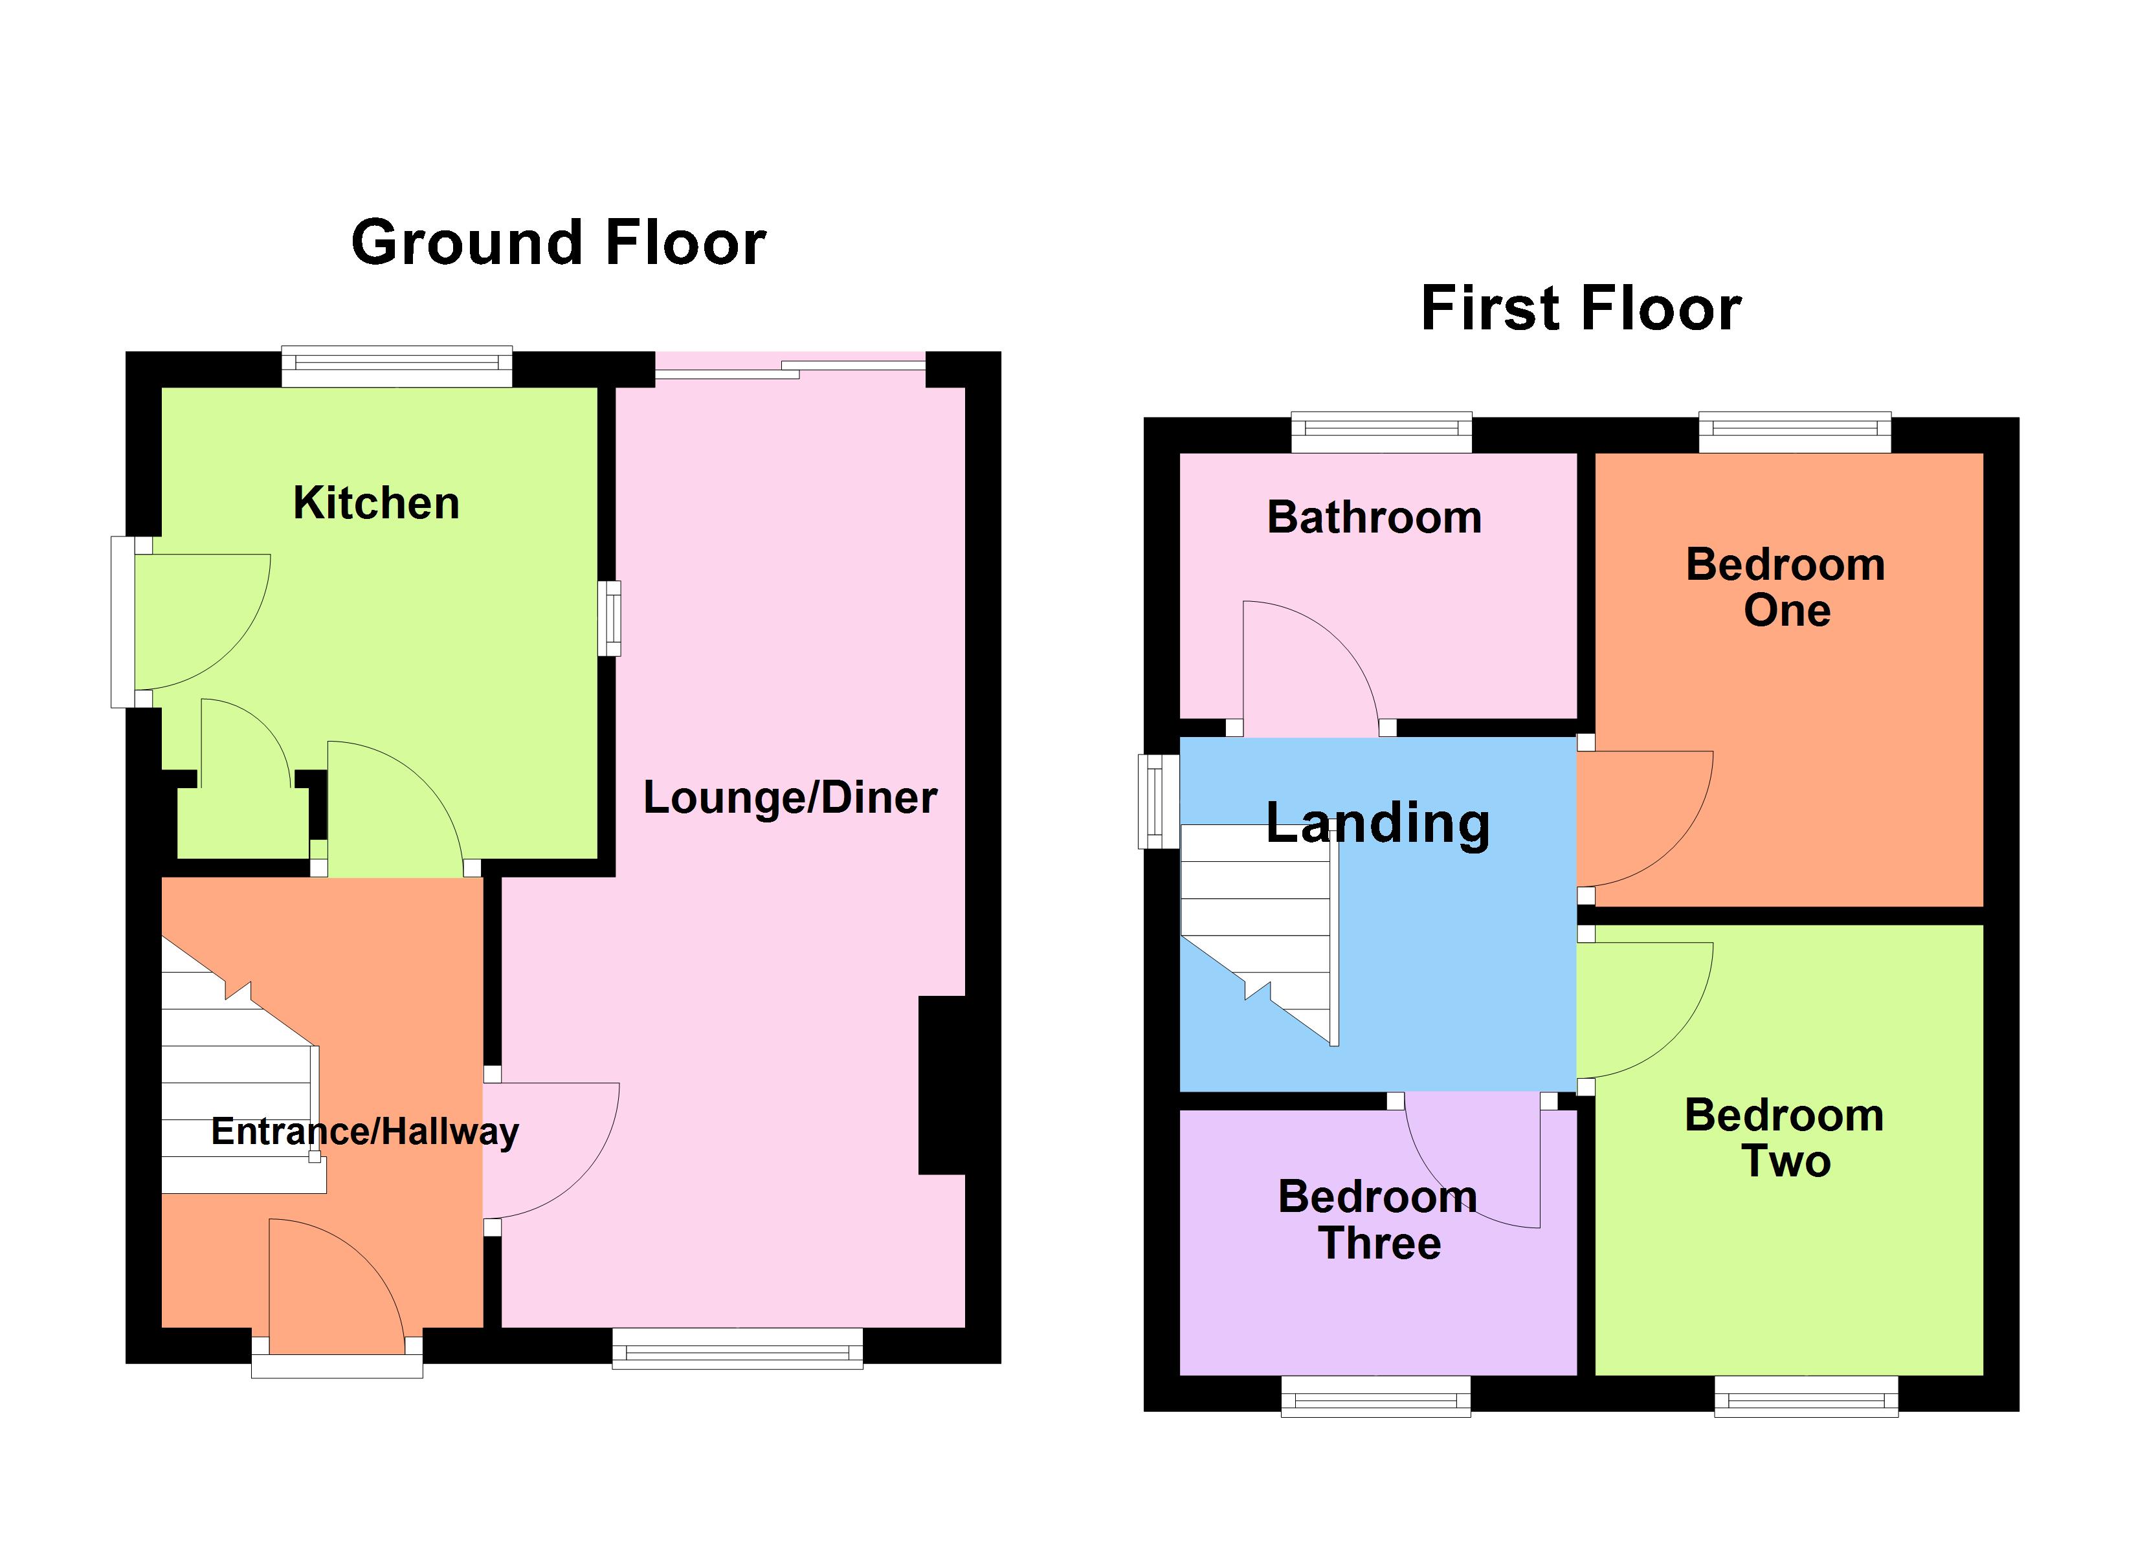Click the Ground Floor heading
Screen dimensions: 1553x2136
pyautogui.click(x=559, y=243)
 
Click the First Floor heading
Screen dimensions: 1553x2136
pyautogui.click(x=1581, y=309)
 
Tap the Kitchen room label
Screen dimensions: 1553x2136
pyautogui.click(x=376, y=503)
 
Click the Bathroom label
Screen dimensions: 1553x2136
pyautogui.click(x=1374, y=518)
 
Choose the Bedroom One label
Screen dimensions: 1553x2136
pyautogui.click(x=1786, y=587)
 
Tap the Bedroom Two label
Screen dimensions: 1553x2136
pyautogui.click(x=1785, y=1138)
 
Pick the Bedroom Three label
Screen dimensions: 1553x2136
pyautogui.click(x=1378, y=1220)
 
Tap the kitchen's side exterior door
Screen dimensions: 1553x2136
pyautogui.click(x=193, y=622)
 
